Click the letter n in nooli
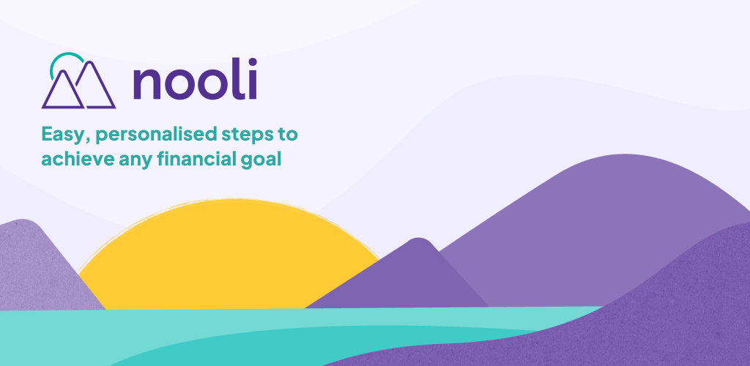(146, 83)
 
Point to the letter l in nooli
(239, 78)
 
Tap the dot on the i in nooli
(252, 61)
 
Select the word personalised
(157, 135)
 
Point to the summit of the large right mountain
(624, 154)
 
